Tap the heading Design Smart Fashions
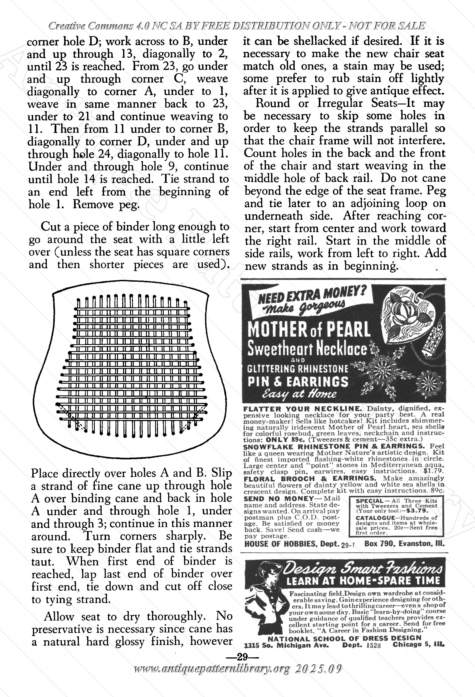point(362,568)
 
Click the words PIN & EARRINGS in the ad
point(298,381)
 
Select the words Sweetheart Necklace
point(307,349)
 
